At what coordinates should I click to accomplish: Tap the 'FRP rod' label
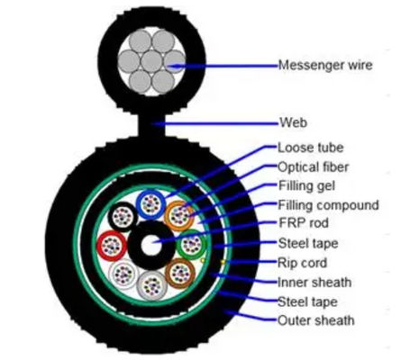point(303,223)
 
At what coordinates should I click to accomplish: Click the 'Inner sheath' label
point(313,282)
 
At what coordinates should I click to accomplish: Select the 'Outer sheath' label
point(314,319)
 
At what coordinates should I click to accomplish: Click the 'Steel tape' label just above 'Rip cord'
point(307,243)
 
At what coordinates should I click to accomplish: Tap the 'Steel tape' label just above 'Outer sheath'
point(307,301)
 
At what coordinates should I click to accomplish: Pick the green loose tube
point(190,244)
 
